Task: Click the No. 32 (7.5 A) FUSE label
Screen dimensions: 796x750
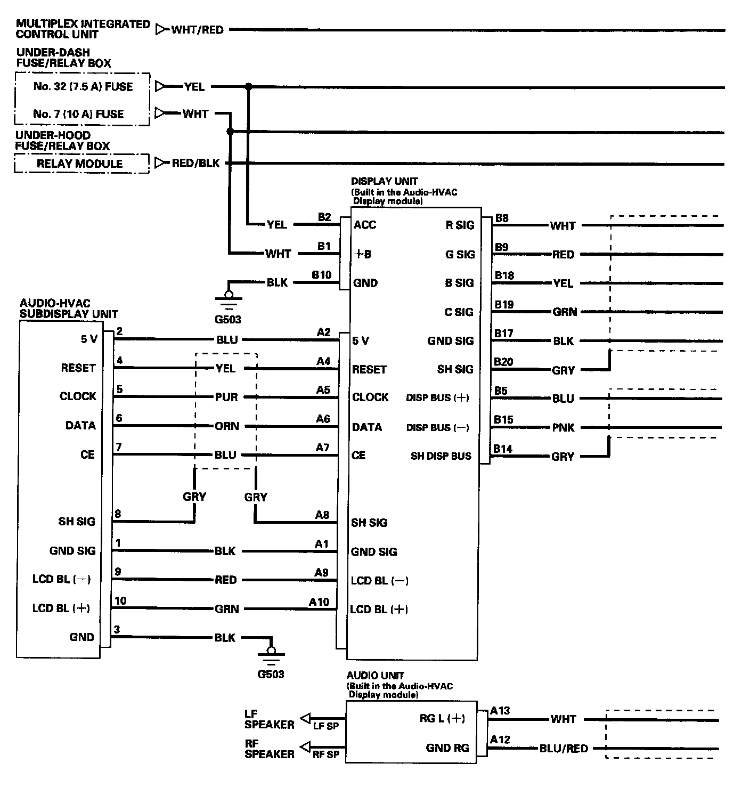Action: click(x=83, y=86)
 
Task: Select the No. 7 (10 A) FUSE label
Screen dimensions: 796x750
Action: click(x=78, y=113)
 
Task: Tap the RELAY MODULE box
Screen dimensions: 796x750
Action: click(x=81, y=164)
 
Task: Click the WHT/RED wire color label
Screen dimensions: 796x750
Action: click(x=197, y=30)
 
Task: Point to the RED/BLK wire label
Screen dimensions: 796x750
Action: click(x=195, y=163)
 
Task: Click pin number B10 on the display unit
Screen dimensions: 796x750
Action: click(x=321, y=275)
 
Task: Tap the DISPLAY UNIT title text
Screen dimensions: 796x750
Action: click(x=384, y=181)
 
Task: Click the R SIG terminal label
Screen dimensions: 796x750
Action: click(x=459, y=225)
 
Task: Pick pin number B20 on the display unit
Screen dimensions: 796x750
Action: click(x=503, y=362)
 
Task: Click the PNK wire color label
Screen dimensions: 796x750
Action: click(x=563, y=427)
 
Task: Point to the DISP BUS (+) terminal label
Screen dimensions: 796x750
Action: click(x=437, y=398)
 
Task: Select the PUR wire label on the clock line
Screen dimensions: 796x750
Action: click(x=226, y=397)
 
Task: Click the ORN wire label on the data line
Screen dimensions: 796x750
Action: click(x=227, y=426)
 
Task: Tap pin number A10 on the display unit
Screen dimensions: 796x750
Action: click(x=319, y=602)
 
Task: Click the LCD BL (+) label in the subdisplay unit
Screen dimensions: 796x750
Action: click(x=61, y=608)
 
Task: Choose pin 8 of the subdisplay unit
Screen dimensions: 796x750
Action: click(x=118, y=514)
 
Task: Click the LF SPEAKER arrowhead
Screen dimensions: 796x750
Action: click(x=306, y=719)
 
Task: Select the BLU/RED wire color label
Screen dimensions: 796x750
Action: click(x=564, y=748)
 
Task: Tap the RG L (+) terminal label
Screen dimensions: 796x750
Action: click(x=442, y=718)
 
